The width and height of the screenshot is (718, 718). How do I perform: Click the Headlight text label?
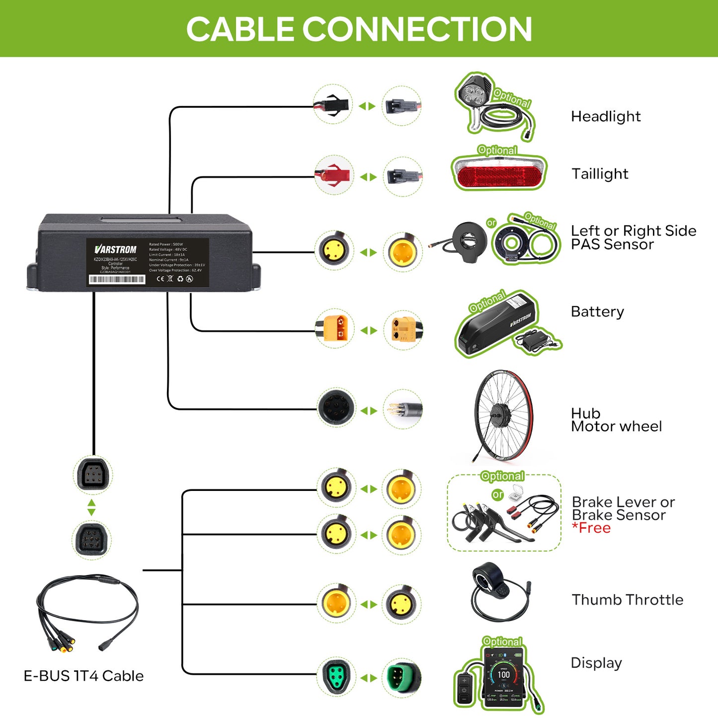click(x=605, y=116)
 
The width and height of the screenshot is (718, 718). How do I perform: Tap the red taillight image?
click(x=499, y=175)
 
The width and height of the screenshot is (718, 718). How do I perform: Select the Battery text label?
click(x=597, y=312)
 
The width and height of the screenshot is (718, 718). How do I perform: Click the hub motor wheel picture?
click(x=503, y=414)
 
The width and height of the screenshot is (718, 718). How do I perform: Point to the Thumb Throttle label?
click(x=627, y=600)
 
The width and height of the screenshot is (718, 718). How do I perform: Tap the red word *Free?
click(x=591, y=528)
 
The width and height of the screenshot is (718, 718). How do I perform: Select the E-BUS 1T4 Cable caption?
click(x=83, y=676)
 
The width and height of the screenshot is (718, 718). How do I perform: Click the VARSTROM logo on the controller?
click(x=115, y=249)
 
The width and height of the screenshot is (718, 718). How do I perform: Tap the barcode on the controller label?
click(x=117, y=280)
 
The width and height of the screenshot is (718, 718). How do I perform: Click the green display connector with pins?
click(x=401, y=678)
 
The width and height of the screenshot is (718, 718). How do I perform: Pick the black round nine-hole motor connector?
click(x=336, y=408)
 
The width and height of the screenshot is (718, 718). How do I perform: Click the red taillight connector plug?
click(x=333, y=175)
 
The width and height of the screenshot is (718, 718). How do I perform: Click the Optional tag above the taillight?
click(x=497, y=150)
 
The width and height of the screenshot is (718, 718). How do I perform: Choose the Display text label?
click(x=596, y=663)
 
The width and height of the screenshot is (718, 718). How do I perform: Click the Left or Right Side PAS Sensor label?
click(x=633, y=238)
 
